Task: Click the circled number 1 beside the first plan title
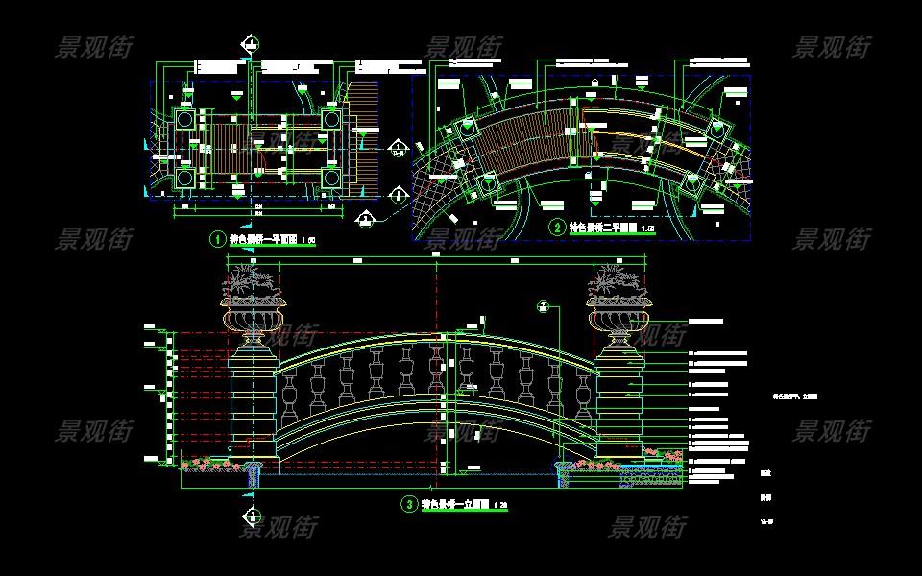tap(218, 239)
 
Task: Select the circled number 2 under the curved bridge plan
tap(558, 228)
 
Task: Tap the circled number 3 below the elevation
tap(409, 503)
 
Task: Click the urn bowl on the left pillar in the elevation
tap(254, 316)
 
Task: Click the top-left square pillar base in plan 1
tap(184, 120)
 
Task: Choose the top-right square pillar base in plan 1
tap(329, 120)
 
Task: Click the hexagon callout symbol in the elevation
tap(543, 306)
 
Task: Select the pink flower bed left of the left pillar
tap(206, 465)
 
